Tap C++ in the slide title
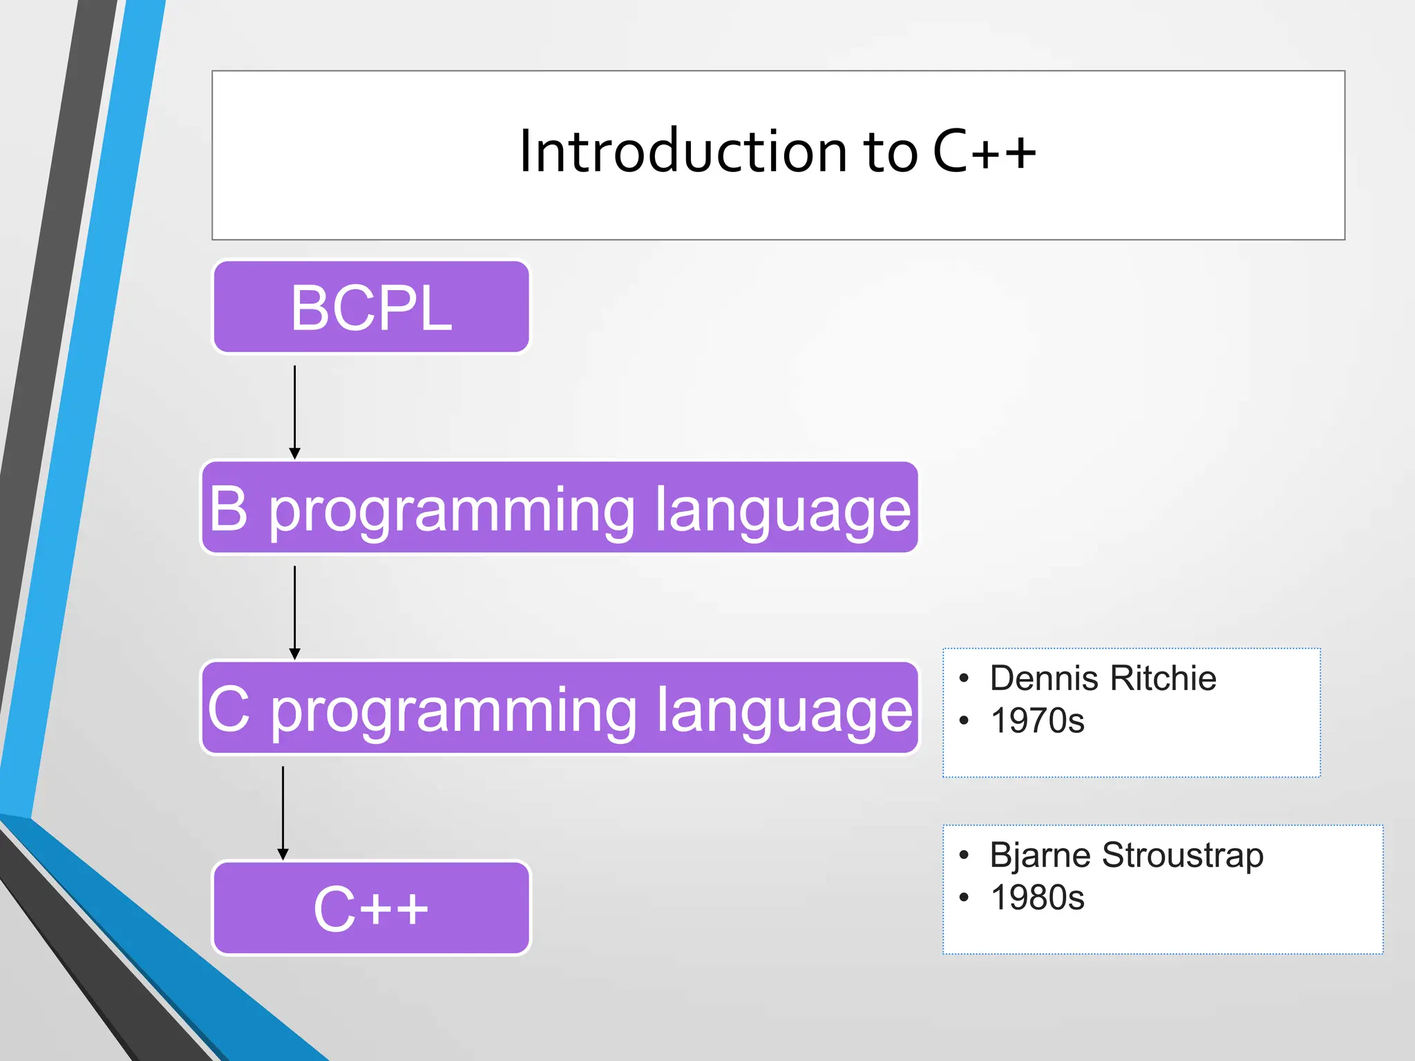pos(985,151)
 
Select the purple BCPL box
pos(372,307)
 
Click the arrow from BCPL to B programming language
pos(295,412)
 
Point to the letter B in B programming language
pos(228,508)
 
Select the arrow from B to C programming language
pos(295,613)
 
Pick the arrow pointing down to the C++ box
pos(283,813)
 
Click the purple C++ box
pos(372,908)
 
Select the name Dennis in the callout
pos(1044,678)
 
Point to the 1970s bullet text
pos(1037,720)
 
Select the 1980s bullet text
pos(1037,897)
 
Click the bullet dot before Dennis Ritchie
pos(965,678)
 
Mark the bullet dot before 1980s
pos(965,898)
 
